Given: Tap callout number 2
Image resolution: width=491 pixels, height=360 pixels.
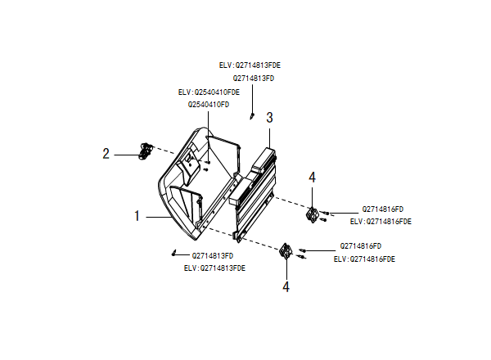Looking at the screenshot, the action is coord(106,153).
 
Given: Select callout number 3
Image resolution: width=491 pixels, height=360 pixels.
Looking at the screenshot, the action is coord(269,117).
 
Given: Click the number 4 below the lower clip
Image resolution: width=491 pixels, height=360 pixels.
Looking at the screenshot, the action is coord(286,286).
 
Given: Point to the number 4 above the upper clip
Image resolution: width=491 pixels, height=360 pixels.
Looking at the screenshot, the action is coord(312,178).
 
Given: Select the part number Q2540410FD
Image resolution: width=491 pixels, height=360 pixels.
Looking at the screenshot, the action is coord(209,105).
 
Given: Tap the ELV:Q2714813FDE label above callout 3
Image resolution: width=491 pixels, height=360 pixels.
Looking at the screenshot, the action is coord(255,65).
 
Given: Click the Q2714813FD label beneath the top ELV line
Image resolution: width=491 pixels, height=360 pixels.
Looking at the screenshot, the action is coord(254,78).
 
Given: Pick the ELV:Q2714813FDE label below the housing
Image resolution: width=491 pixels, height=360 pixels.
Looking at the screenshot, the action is coord(214,268).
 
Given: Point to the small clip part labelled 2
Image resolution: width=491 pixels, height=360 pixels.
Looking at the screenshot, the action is coord(146,150).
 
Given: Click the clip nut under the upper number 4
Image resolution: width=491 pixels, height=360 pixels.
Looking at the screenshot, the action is coord(312,214).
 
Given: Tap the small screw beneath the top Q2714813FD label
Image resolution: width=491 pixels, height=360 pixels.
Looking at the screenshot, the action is coord(253,115).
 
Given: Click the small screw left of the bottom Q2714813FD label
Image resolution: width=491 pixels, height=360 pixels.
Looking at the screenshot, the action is coord(175,253).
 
